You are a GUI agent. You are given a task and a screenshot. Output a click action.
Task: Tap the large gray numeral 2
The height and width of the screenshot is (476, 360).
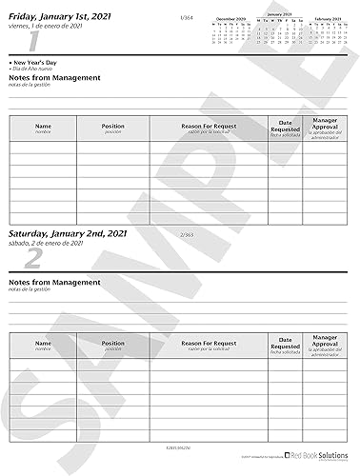33,260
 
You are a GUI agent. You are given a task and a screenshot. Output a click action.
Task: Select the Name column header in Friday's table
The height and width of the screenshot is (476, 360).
43,125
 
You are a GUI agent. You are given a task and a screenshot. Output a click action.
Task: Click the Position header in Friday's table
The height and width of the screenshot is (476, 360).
112,125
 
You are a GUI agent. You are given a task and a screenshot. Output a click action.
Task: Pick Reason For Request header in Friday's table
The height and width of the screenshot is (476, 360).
207,125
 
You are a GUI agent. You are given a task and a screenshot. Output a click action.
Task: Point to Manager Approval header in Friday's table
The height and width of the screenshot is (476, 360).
326,125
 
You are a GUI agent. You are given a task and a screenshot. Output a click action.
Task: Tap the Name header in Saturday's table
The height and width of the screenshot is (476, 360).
43,341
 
